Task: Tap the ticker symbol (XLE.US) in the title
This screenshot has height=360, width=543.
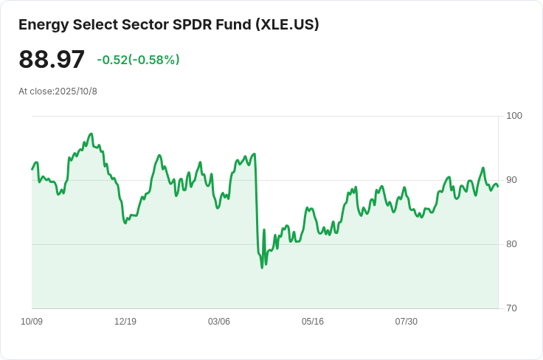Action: click(287, 24)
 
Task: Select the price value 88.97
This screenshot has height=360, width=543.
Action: click(52, 60)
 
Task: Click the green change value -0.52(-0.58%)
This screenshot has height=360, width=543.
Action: click(138, 60)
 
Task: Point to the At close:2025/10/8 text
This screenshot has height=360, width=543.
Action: click(58, 91)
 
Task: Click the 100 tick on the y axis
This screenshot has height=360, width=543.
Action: click(514, 116)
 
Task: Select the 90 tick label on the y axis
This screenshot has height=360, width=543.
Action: click(512, 180)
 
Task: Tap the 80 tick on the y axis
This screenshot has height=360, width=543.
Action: click(512, 244)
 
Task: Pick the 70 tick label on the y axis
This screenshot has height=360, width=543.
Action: click(512, 308)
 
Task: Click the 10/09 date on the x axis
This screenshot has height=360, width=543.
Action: click(32, 322)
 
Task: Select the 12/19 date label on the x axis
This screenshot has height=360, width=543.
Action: click(125, 322)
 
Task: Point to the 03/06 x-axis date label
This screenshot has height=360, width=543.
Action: click(219, 322)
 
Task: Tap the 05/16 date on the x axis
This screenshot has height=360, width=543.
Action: click(313, 322)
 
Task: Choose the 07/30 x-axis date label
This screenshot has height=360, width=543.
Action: click(407, 322)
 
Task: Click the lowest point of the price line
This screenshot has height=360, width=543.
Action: click(262, 267)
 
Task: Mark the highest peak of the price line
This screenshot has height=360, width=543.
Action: click(91, 134)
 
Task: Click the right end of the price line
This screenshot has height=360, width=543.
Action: click(497, 186)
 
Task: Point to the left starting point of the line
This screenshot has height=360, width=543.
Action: click(32, 170)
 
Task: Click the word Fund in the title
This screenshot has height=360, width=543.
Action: click(232, 24)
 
